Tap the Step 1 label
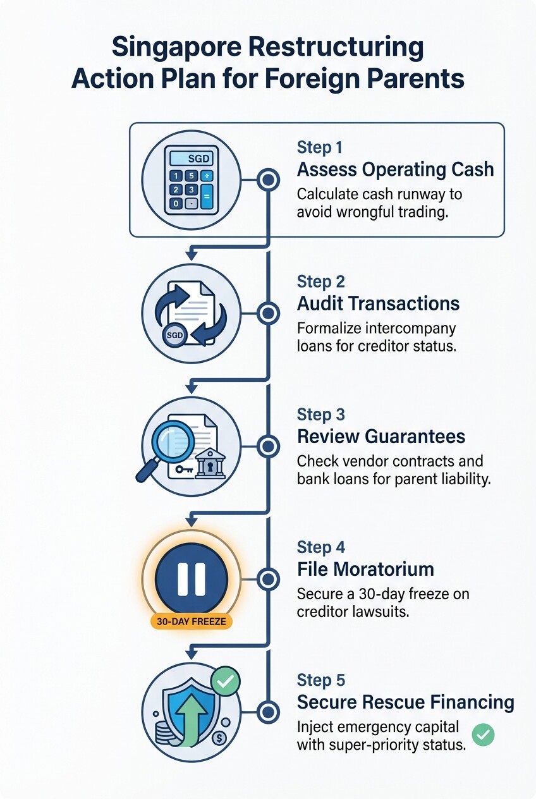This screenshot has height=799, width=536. coord(319,148)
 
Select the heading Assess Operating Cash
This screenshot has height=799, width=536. coord(395,170)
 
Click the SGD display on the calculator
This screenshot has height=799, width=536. coord(191,158)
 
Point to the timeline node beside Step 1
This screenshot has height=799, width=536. coord(269,180)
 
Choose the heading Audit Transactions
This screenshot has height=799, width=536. coord(378,303)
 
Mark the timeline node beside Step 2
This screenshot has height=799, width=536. coord(269,313)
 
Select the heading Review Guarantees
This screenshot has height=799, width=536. coord(381,436)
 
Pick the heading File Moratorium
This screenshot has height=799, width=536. coord(365,569)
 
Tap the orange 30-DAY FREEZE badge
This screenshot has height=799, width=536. coord(191,621)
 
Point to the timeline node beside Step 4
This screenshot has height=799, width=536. coord(269,578)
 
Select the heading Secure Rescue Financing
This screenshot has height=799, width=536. coord(405,702)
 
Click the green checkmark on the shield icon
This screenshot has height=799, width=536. coord(225,682)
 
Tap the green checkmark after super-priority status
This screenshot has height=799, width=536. coord(484,734)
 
